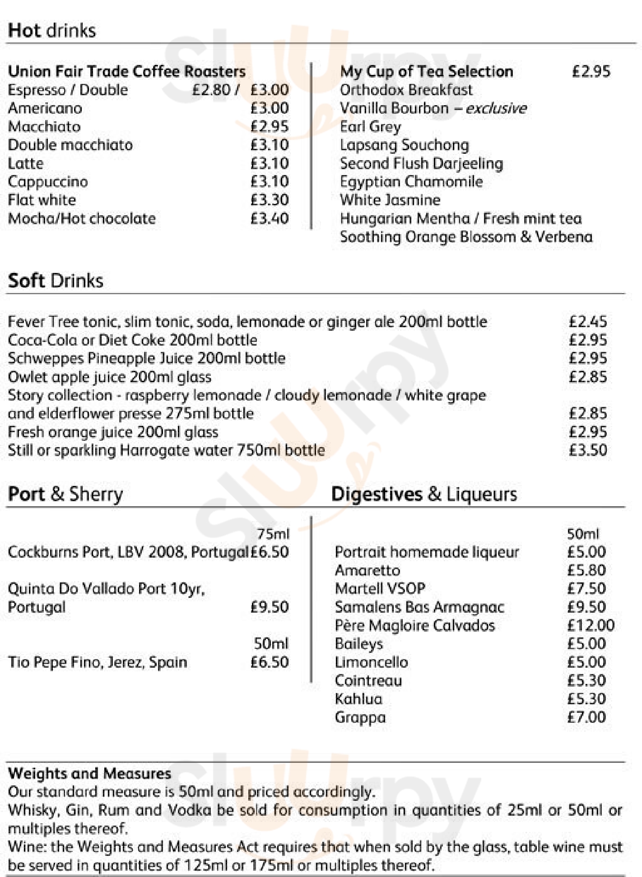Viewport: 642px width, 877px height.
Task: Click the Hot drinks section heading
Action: (52, 31)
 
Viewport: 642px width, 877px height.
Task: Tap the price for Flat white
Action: (270, 200)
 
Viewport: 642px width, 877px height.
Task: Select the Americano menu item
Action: (45, 108)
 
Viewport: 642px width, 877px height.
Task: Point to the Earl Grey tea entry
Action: (370, 127)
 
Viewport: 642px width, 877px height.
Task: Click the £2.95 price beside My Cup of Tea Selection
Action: (591, 72)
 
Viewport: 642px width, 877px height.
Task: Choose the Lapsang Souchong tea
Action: (405, 145)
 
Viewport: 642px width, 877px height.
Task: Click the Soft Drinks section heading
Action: (56, 281)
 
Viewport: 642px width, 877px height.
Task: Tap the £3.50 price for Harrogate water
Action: (588, 450)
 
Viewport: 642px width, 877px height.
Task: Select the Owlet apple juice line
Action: (110, 377)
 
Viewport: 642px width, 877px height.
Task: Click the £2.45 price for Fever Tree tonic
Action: (588, 322)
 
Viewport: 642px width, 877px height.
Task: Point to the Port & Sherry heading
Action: (65, 494)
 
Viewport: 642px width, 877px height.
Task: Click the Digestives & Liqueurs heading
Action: (424, 494)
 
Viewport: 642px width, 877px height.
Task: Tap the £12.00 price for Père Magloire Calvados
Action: (591, 625)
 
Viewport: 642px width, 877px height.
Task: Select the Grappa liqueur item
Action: (360, 717)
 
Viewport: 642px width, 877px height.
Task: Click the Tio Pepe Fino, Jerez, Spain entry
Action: (98, 662)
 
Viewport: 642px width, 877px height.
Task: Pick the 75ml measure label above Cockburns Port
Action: (273, 534)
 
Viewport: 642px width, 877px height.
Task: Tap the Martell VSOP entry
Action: (380, 589)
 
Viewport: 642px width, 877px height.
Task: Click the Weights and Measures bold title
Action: (89, 774)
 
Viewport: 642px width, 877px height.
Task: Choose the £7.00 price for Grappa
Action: (586, 717)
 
